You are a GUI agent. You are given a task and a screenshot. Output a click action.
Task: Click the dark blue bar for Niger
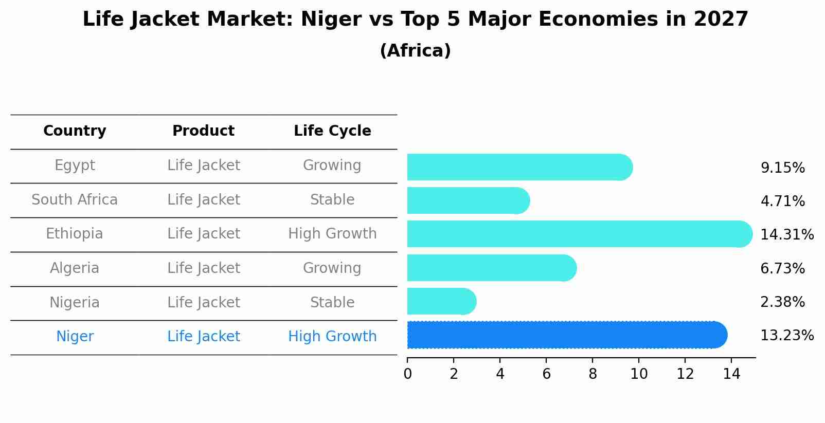[x=566, y=335]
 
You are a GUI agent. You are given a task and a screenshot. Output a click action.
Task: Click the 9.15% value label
[x=782, y=168]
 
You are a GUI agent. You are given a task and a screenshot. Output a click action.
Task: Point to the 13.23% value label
[x=786, y=336]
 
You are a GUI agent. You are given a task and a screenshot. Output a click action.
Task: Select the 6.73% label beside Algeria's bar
[x=782, y=268]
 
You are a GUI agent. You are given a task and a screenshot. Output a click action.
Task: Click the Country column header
[x=75, y=131]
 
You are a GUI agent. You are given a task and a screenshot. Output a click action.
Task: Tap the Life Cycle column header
[x=332, y=131]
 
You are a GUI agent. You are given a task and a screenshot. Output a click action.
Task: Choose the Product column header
[x=203, y=131]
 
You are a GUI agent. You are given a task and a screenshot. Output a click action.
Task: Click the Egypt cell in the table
[x=75, y=165]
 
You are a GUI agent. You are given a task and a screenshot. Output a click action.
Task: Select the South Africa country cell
[x=75, y=199]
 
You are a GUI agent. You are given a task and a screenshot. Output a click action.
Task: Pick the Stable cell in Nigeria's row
[x=332, y=302]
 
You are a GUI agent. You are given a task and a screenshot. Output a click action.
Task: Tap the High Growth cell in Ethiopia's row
[x=332, y=234]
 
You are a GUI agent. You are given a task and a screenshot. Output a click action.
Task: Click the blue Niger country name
[x=75, y=337]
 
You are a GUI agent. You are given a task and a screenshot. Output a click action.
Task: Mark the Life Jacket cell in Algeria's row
[x=203, y=268]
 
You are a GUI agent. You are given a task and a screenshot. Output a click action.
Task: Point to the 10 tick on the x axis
[x=639, y=374]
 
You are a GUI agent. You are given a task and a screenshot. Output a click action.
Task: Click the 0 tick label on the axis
[x=407, y=374]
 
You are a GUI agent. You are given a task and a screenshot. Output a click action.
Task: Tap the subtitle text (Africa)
[x=415, y=51]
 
